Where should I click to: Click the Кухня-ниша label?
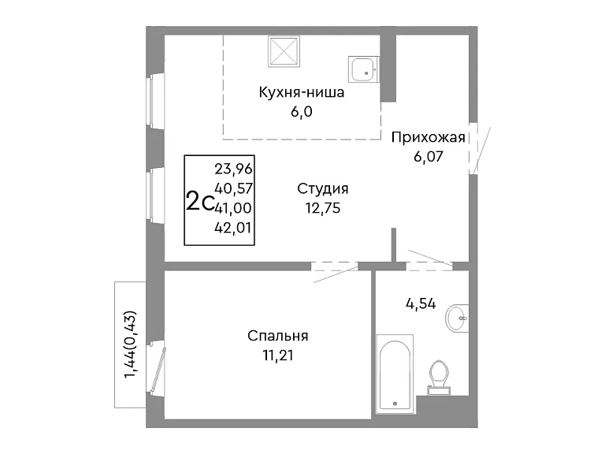(302, 93)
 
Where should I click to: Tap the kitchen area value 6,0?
(302, 112)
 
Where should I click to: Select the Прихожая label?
(429, 137)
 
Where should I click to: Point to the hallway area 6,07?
(429, 157)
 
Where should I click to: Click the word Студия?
(323, 189)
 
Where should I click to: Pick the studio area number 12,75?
(323, 208)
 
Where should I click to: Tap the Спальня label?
(278, 336)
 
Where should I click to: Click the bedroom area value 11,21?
(278, 355)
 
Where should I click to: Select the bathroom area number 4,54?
(421, 303)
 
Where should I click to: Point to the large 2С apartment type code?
(200, 202)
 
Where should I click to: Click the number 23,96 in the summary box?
(233, 169)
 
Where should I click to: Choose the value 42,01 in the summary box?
(233, 228)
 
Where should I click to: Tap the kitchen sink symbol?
(363, 69)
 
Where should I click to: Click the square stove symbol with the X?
(284, 51)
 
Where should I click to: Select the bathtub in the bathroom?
(395, 374)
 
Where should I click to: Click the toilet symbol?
(439, 378)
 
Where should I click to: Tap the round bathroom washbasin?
(458, 318)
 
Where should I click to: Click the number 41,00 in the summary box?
(233, 208)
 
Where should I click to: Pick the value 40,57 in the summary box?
(233, 188)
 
